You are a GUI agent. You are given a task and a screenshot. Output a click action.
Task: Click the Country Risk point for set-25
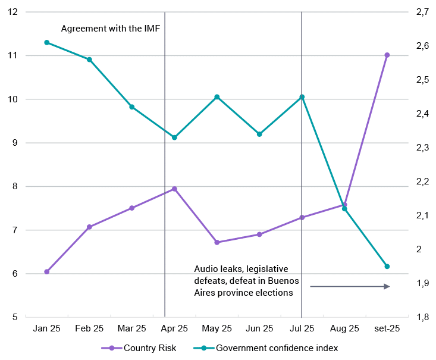pyautogui.click(x=387, y=55)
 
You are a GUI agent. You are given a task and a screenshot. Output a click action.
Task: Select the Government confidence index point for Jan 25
pyautogui.click(x=46, y=42)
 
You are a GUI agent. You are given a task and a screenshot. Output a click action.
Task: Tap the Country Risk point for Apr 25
pyautogui.click(x=174, y=189)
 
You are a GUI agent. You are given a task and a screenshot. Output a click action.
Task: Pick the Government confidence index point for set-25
pyautogui.click(x=387, y=267)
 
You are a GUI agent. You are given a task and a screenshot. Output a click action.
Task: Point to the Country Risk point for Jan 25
pyautogui.click(x=46, y=271)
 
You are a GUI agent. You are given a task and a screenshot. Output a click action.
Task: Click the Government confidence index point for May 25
pyautogui.click(x=217, y=97)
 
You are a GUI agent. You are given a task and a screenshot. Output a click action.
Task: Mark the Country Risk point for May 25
pyautogui.click(x=217, y=242)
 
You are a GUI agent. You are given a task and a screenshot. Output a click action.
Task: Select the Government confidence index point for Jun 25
pyautogui.click(x=259, y=134)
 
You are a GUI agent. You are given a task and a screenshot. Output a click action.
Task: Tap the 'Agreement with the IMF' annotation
pyautogui.click(x=111, y=28)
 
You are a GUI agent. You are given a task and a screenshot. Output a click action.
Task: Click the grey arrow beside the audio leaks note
pyautogui.click(x=350, y=286)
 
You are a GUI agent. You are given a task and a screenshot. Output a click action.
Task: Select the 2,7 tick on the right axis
pyautogui.click(x=422, y=12)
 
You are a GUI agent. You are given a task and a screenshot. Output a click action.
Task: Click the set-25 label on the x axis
pyautogui.click(x=387, y=328)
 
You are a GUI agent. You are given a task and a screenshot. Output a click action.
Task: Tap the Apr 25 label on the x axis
pyautogui.click(x=174, y=328)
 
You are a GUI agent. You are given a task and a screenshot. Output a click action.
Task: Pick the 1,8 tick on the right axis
pyautogui.click(x=422, y=317)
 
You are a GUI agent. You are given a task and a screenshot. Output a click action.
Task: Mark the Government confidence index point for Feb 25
pyautogui.click(x=89, y=60)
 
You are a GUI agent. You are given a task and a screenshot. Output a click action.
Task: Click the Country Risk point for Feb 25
pyautogui.click(x=89, y=227)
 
